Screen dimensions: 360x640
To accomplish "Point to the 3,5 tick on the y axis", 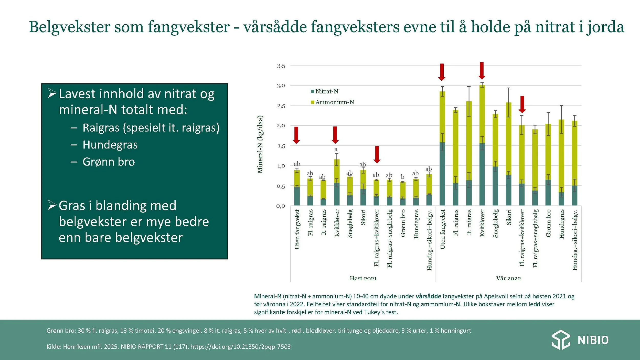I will coord(281,66).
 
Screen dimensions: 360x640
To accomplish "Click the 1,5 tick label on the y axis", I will coord(281,146).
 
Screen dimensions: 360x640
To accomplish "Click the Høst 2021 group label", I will coord(363,279).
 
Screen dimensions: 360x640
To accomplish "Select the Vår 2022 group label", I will coord(508,279).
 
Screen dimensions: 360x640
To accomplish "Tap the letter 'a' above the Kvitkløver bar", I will coord(336,149).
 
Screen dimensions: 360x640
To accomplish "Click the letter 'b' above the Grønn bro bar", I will coord(402,177).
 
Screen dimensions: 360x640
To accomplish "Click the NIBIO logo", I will coord(580,340).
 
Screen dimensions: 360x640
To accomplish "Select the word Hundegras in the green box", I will coord(110,145).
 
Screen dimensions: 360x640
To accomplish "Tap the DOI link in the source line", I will coord(240,347).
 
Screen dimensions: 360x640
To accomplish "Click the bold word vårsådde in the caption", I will coord(428,296).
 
